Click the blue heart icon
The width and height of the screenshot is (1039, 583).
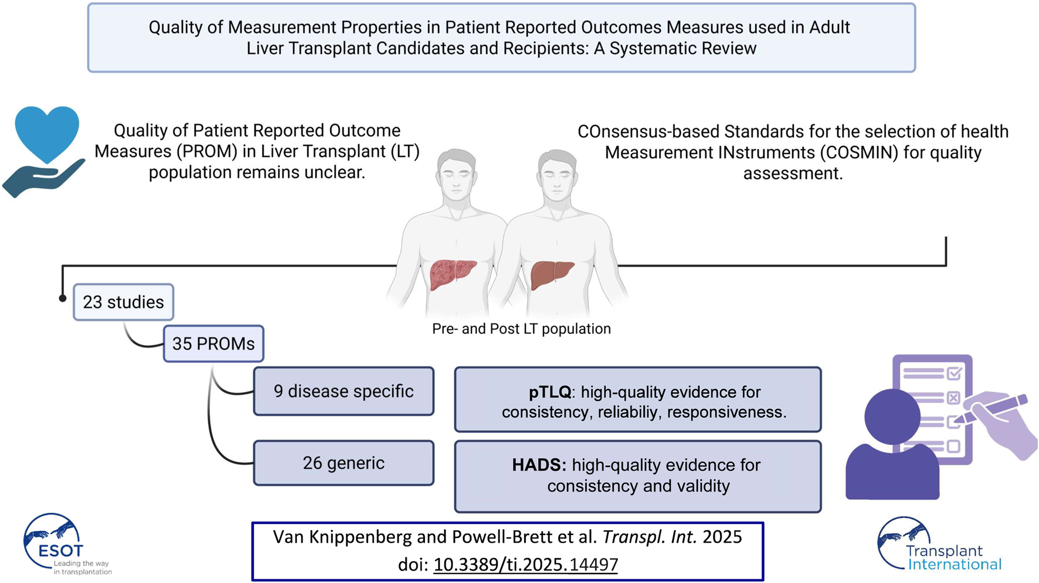click(47, 132)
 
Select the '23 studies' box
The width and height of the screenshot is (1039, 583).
click(123, 302)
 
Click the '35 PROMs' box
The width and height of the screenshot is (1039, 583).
click(213, 344)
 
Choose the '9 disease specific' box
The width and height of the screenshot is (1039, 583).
click(344, 391)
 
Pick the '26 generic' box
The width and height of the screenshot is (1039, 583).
click(344, 463)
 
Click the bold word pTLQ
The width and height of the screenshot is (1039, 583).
click(549, 392)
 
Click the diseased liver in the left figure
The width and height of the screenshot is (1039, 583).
click(453, 274)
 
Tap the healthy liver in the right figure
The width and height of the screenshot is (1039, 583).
click(552, 274)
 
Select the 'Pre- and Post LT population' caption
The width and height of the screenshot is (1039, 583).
click(521, 329)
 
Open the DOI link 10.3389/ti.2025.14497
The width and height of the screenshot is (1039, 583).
click(525, 564)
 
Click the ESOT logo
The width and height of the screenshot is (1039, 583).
click(59, 544)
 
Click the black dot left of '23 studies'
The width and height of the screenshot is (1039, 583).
click(63, 298)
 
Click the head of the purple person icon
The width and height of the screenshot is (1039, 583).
click(892, 417)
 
